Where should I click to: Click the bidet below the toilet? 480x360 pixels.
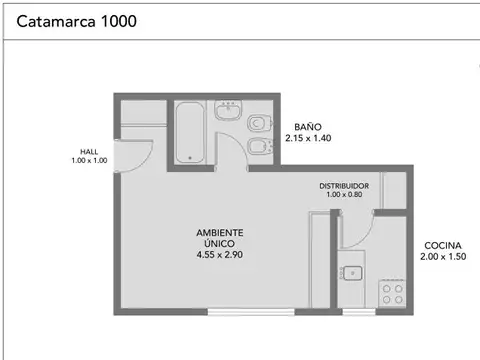point(259,149)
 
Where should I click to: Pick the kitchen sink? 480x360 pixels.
point(351,272)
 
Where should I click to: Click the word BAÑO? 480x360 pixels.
point(307,127)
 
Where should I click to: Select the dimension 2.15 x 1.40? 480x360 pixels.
point(307,139)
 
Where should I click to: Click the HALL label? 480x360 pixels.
point(89,151)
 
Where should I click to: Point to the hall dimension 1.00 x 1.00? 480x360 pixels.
point(89,160)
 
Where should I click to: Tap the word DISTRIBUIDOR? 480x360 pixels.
point(345,186)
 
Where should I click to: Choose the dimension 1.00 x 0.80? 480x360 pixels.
point(345,195)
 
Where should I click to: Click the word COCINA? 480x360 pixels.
point(443,246)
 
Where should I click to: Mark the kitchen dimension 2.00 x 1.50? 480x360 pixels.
point(443,257)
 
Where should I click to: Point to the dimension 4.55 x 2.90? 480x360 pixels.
point(219,255)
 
